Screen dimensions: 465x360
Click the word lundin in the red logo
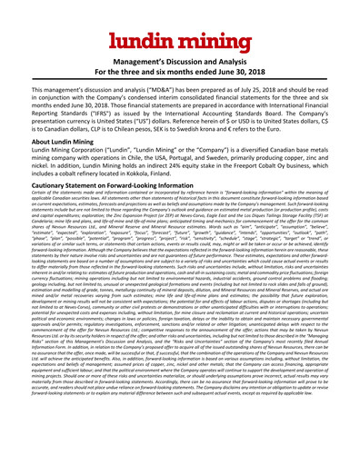click(x=145, y=41)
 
